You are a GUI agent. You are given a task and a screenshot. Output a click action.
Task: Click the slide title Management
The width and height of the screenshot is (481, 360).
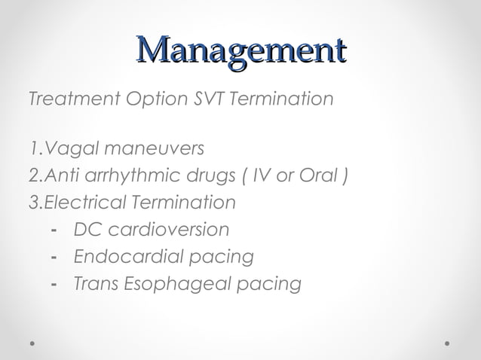240,51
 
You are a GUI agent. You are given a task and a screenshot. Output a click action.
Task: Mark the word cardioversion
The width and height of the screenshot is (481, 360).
167,229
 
